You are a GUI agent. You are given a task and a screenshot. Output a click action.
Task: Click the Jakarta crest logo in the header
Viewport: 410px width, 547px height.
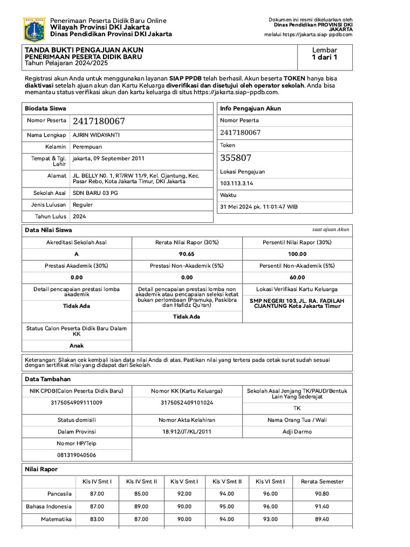point(35,29)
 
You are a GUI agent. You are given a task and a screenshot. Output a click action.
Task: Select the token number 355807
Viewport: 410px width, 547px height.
point(235,158)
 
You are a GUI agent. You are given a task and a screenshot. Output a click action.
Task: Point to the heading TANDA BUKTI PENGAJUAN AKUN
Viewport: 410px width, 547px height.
point(84,50)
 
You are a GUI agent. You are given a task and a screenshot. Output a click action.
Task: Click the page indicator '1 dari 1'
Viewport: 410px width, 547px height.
point(325,57)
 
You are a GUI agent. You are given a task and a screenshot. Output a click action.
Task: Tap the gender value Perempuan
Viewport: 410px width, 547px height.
point(87,146)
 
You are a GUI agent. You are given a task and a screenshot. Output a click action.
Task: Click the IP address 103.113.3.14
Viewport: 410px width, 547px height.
point(236,183)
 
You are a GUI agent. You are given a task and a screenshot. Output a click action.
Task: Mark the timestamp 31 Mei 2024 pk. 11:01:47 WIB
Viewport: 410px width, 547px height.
point(259,207)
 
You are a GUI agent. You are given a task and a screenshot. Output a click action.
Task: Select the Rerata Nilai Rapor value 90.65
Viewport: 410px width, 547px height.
point(187,254)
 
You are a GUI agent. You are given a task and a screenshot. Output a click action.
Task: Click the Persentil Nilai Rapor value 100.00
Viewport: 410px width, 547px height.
point(298,254)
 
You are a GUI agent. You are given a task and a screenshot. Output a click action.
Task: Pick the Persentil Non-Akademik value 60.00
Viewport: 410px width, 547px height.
point(298,277)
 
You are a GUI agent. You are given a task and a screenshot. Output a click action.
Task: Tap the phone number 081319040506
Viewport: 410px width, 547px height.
point(76,455)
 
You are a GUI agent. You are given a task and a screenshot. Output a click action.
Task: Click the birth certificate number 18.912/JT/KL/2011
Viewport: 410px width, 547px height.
point(187,432)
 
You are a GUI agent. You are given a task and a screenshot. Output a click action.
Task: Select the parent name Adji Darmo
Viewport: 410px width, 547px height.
point(297,432)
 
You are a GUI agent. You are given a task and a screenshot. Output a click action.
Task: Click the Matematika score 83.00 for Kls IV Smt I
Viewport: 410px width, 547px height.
point(97,519)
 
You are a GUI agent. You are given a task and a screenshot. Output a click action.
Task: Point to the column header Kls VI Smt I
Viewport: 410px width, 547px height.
point(270,481)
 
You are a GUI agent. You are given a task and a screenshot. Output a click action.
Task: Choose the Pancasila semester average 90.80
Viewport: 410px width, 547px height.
point(322,494)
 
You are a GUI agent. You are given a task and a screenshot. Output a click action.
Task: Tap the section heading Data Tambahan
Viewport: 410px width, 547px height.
point(48,379)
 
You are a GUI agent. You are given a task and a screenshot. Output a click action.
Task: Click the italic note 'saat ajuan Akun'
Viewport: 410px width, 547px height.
point(330,229)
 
